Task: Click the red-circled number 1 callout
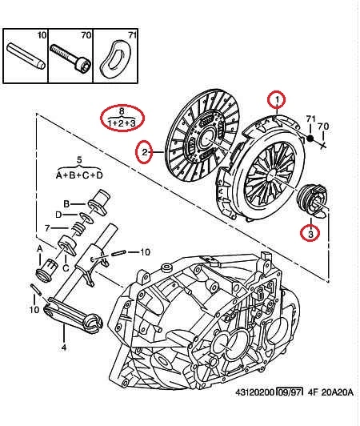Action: pyautogui.click(x=277, y=100)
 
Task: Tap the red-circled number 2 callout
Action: pyautogui.click(x=145, y=152)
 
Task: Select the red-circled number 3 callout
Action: pyautogui.click(x=310, y=233)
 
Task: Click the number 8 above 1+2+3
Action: pyautogui.click(x=122, y=111)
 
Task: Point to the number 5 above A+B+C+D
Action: pyautogui.click(x=79, y=160)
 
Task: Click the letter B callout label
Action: pyautogui.click(x=66, y=203)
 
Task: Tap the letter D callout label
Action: pyautogui.click(x=58, y=215)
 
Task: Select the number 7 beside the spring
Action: pyautogui.click(x=47, y=228)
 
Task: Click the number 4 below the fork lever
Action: pyautogui.click(x=64, y=348)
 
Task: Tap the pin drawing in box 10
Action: pyautogui.click(x=26, y=56)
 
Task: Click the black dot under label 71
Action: pyautogui.click(x=310, y=139)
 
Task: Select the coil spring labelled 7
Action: pyautogui.click(x=78, y=227)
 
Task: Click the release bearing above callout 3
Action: pyautogui.click(x=313, y=200)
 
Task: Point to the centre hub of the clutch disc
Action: pyautogui.click(x=206, y=139)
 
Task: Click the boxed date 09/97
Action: pyautogui.click(x=290, y=392)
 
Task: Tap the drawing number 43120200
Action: pyautogui.click(x=255, y=392)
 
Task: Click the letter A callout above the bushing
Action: pyautogui.click(x=40, y=248)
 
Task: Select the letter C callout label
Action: pyautogui.click(x=66, y=268)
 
